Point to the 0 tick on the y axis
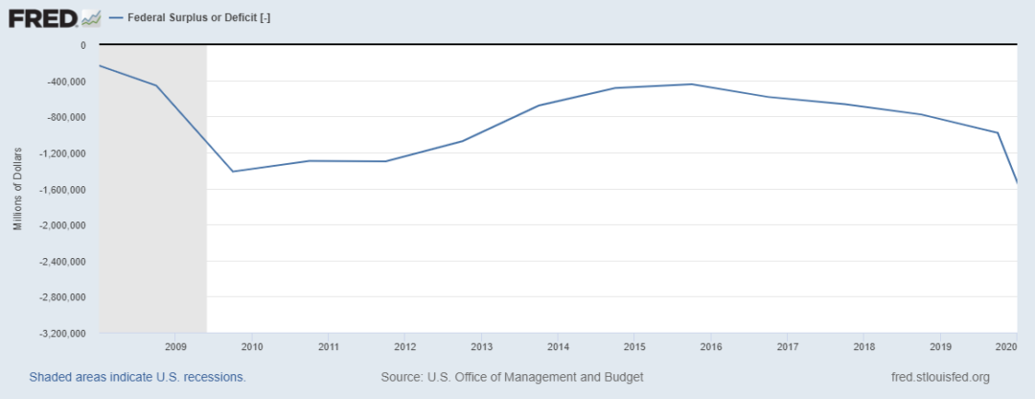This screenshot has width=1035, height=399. [83, 45]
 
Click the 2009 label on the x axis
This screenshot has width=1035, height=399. [175, 346]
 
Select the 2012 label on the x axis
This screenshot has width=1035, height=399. [404, 346]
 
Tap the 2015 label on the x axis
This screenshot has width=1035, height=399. [634, 346]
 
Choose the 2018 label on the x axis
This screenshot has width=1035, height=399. [863, 346]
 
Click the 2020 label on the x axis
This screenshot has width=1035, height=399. [1006, 346]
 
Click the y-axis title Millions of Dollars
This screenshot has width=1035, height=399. [17, 190]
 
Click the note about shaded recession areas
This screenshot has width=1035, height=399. [137, 377]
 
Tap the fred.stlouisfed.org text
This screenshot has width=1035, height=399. [939, 377]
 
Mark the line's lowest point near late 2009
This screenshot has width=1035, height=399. [233, 172]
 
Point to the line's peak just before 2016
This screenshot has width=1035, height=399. [691, 84]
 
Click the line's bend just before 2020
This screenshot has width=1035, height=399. [998, 132]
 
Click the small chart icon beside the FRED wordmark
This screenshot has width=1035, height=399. [91, 17]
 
